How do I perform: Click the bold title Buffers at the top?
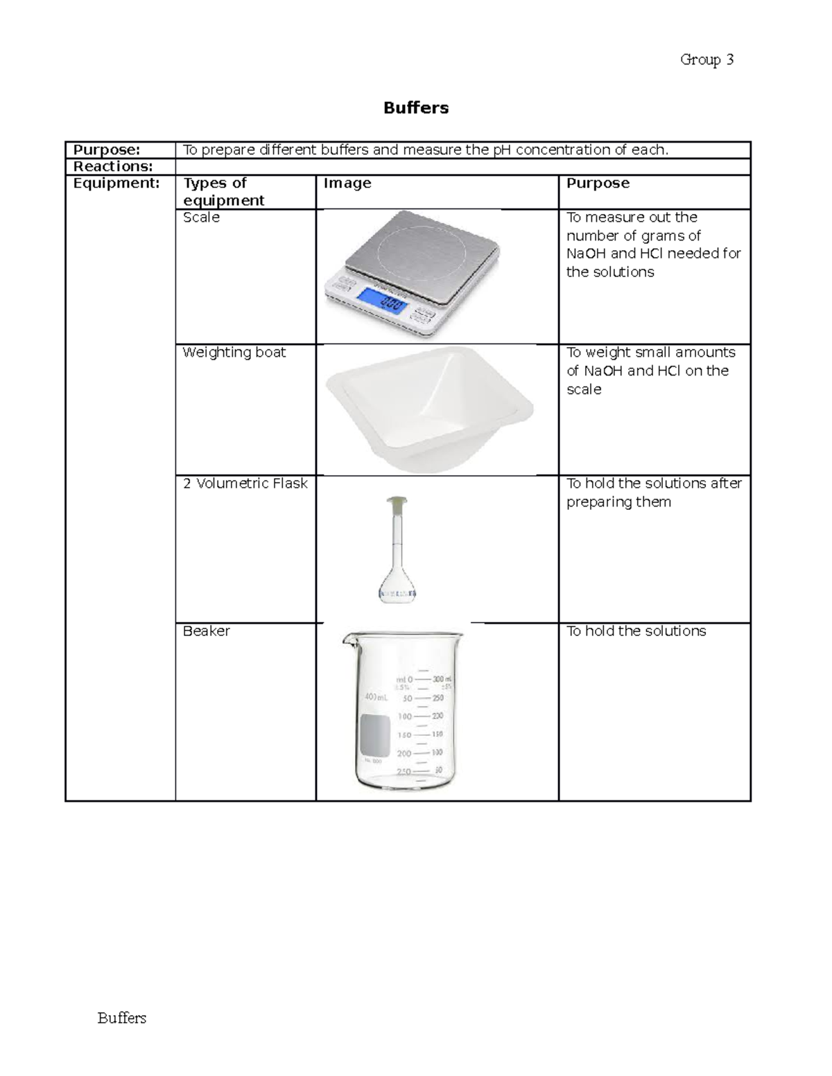point(416,108)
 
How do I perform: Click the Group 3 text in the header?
point(707,60)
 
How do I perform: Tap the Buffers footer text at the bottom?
point(122,1018)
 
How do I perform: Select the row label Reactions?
point(113,166)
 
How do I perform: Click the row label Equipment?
point(116,184)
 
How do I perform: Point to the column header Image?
point(347,184)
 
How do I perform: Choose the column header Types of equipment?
point(223,192)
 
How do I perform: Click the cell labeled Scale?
point(201,218)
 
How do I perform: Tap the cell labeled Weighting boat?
point(234,353)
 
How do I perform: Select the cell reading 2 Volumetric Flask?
point(245,484)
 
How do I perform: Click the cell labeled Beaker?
point(206,631)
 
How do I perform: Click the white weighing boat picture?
point(426,409)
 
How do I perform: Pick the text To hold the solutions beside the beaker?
point(636,631)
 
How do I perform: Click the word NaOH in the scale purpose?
point(587,254)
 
